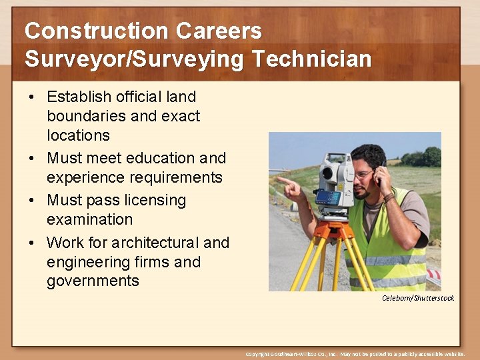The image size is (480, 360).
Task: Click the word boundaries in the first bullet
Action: [86, 116]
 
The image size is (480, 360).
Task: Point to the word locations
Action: [78, 135]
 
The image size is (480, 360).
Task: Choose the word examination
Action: [89, 219]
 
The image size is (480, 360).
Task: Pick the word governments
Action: [93, 281]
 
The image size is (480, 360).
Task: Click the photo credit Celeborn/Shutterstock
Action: [418, 298]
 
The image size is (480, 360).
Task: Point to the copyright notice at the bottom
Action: [355, 354]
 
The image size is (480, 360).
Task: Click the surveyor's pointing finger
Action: [283, 180]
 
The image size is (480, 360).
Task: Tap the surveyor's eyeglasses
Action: [364, 175]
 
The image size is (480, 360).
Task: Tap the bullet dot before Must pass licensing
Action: [31, 201]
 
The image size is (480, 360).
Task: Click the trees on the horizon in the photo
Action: [423, 157]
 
